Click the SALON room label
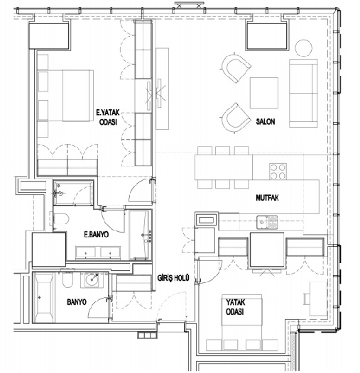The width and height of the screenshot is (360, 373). pos(266,121)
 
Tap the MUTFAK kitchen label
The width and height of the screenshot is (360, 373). pos(267,198)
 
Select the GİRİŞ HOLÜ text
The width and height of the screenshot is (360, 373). pos(173,277)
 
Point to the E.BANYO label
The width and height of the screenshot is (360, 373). pos(97,235)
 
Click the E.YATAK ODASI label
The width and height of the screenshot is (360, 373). pos(108,117)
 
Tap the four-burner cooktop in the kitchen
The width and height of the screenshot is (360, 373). pos(278,172)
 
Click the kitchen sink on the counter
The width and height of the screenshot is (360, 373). pos(267,222)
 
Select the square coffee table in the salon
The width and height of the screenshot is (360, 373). pos(264,93)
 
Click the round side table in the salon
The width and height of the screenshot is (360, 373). pos(303,48)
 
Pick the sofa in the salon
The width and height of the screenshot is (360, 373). pos(303,93)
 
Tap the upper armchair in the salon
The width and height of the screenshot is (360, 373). pos(236,68)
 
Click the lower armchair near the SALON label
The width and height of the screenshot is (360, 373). pos(236,118)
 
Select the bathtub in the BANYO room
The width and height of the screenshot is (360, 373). pos(43,298)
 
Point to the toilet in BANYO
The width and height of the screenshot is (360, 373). pos(67,279)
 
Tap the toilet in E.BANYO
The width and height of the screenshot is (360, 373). pos(60,218)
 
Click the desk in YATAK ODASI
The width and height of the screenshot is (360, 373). pos(318,299)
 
